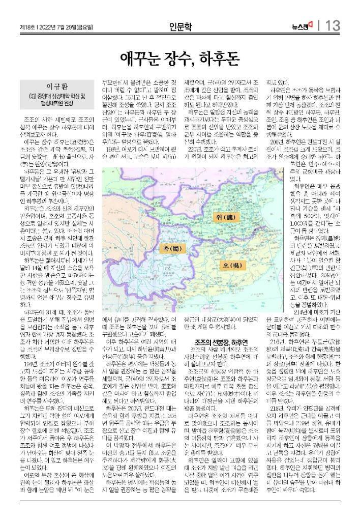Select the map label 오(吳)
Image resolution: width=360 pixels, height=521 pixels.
coord(229,266)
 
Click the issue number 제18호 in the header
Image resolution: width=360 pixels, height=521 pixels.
coord(27,26)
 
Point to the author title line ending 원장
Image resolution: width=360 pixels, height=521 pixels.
coord(49,102)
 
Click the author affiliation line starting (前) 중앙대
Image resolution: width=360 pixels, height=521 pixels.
coord(49,95)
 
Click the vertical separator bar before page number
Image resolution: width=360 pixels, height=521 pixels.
coord(319,25)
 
